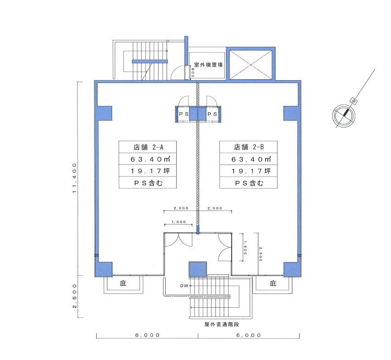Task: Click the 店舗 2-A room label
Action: tap(148, 147)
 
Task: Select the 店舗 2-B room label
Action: tap(249, 147)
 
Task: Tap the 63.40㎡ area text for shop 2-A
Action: tap(151, 159)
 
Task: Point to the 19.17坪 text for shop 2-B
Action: tap(251, 171)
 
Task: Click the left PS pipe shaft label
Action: tap(184, 114)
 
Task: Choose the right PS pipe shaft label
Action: tap(212, 114)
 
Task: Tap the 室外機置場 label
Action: tap(208, 65)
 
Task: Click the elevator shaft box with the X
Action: tap(251, 65)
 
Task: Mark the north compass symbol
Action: tap(344, 116)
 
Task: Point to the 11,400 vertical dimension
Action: tap(74, 178)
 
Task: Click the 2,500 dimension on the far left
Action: tap(74, 296)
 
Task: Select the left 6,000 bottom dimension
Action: tap(147, 335)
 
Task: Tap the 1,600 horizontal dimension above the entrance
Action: tap(179, 222)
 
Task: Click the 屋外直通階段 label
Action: tap(222, 324)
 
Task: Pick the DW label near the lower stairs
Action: tap(184, 286)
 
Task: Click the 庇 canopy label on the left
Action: tap(123, 283)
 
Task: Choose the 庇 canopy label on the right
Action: tap(273, 283)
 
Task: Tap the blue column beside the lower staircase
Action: tap(198, 269)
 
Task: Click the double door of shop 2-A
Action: tap(179, 240)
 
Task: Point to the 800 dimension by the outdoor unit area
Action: tap(193, 72)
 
